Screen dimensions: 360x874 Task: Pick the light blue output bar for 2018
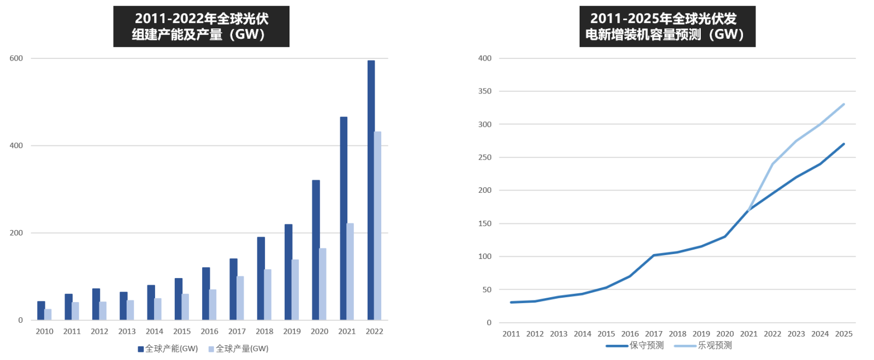268,294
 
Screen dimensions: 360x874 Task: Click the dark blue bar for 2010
41,310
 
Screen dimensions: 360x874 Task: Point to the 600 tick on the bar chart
16,58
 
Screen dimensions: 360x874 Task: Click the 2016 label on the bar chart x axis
209,331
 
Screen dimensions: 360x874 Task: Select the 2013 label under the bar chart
127,331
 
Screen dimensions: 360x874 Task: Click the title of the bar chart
201,27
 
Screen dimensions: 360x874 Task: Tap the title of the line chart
667,27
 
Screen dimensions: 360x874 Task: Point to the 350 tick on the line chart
485,91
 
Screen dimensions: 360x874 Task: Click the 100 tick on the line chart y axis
485,256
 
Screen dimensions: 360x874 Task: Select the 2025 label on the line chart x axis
843,334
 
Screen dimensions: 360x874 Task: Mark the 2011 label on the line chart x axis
511,334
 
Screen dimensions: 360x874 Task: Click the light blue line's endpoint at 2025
844,104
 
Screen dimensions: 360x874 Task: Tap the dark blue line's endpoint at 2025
844,144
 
